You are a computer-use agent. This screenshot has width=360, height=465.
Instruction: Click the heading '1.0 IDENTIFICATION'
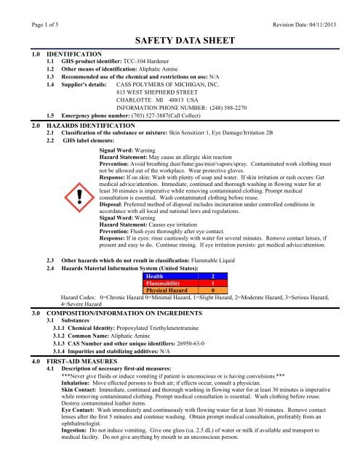click(55, 54)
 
